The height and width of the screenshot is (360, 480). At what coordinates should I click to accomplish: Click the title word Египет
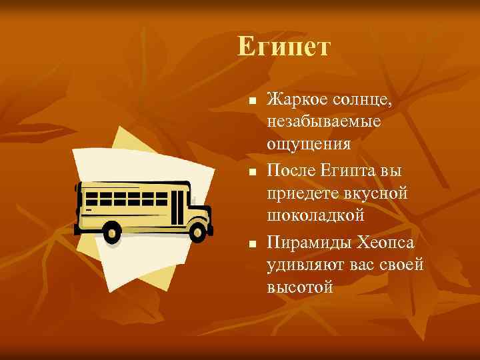(x=283, y=47)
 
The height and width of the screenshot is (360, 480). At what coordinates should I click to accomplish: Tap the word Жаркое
(x=296, y=100)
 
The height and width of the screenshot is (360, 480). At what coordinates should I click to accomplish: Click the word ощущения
(x=309, y=145)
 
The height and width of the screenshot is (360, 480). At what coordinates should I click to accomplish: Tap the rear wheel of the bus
(x=111, y=232)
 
